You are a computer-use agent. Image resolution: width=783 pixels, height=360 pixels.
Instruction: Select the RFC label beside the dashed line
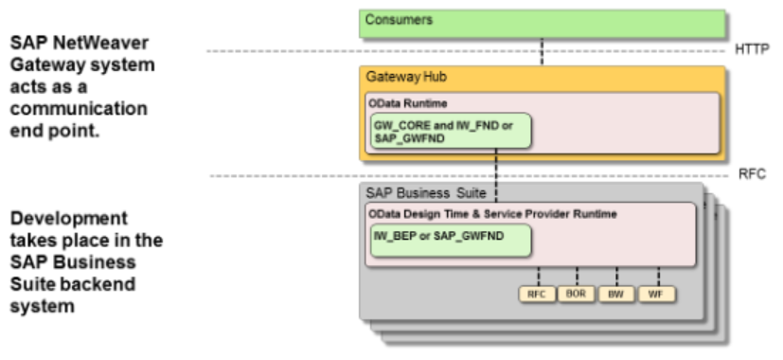pyautogui.click(x=750, y=175)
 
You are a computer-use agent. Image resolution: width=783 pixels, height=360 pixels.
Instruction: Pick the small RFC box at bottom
pyautogui.click(x=537, y=294)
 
